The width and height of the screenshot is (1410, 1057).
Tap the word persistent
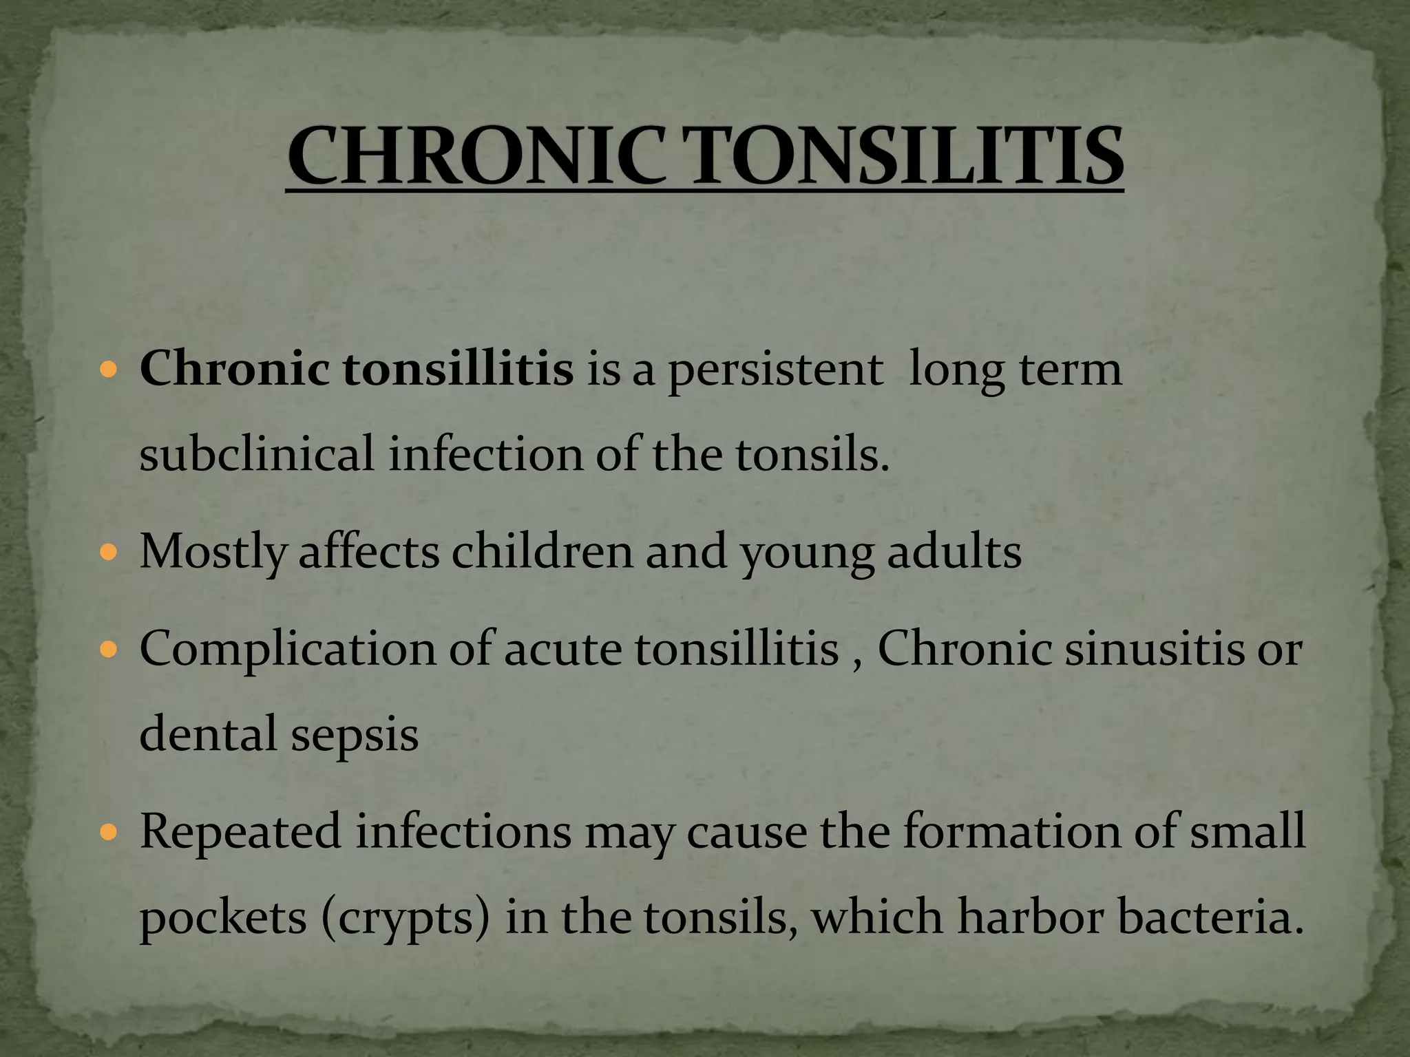click(775, 370)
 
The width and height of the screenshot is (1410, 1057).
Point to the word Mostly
click(212, 553)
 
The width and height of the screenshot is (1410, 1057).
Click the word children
click(542, 551)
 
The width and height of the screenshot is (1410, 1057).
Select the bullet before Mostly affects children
click(109, 552)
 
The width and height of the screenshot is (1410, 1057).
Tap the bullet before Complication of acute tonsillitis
click(109, 649)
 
